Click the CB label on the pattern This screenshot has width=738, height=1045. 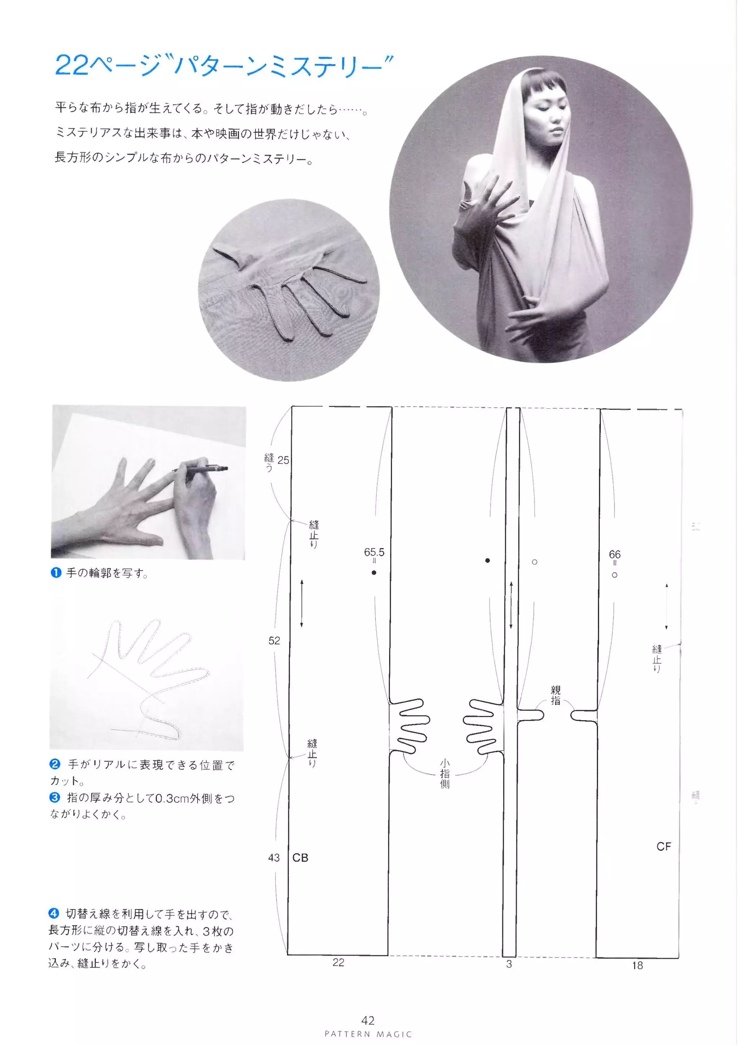(300, 858)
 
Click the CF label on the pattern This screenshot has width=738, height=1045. (663, 846)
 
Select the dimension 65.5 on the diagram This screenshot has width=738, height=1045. (374, 552)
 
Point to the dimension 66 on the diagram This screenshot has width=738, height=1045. (614, 554)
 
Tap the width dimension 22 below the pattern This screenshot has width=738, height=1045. (338, 962)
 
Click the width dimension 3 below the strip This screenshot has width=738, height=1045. (509, 964)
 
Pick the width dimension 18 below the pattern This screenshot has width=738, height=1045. (637, 965)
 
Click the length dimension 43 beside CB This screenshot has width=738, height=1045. (274, 858)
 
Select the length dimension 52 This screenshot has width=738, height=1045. (274, 641)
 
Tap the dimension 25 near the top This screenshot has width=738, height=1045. (283, 460)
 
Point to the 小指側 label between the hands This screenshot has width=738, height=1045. (445, 773)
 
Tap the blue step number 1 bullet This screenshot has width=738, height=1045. (55, 572)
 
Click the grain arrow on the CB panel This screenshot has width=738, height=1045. (301, 603)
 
